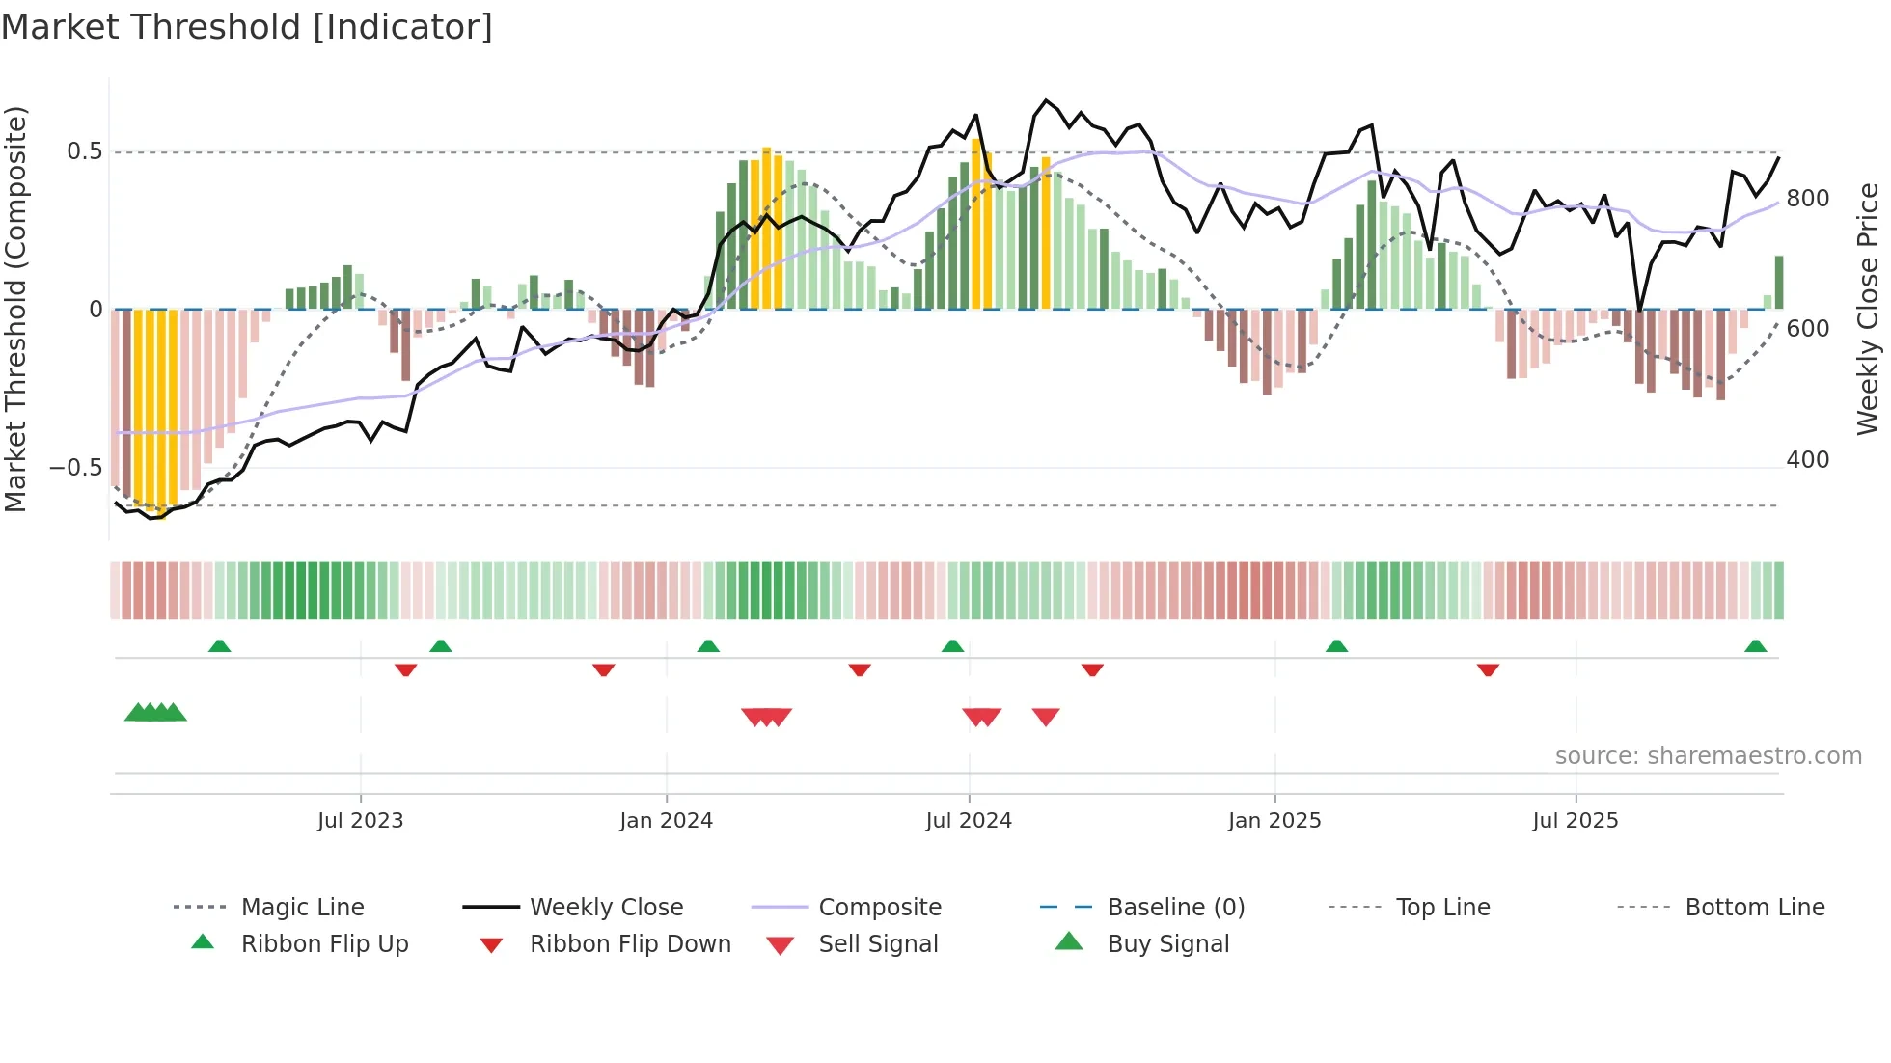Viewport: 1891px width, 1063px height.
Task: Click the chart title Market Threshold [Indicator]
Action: click(x=247, y=27)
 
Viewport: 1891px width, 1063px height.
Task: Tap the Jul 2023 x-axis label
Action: click(x=360, y=821)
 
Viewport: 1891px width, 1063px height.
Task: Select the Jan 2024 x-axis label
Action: click(x=666, y=821)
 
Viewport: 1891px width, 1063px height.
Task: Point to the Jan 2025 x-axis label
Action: click(x=1274, y=821)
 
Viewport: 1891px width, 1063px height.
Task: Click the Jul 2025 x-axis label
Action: click(x=1576, y=821)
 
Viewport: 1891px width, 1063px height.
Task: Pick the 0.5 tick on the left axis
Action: click(x=84, y=151)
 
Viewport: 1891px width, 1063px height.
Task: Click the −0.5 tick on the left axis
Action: click(x=76, y=468)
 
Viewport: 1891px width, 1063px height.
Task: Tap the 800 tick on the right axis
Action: click(x=1807, y=199)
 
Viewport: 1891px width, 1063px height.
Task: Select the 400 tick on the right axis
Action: click(x=1807, y=460)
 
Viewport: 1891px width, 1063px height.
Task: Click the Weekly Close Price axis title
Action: click(x=1869, y=309)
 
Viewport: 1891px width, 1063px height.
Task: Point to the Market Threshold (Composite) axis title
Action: click(x=15, y=309)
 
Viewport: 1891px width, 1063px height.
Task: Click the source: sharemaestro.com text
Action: click(x=1708, y=756)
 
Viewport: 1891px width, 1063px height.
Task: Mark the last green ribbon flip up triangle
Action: click(x=1755, y=646)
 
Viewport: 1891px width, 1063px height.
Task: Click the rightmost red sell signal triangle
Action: click(x=1046, y=717)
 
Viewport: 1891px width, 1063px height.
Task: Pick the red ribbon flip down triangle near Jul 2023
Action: click(x=405, y=669)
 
